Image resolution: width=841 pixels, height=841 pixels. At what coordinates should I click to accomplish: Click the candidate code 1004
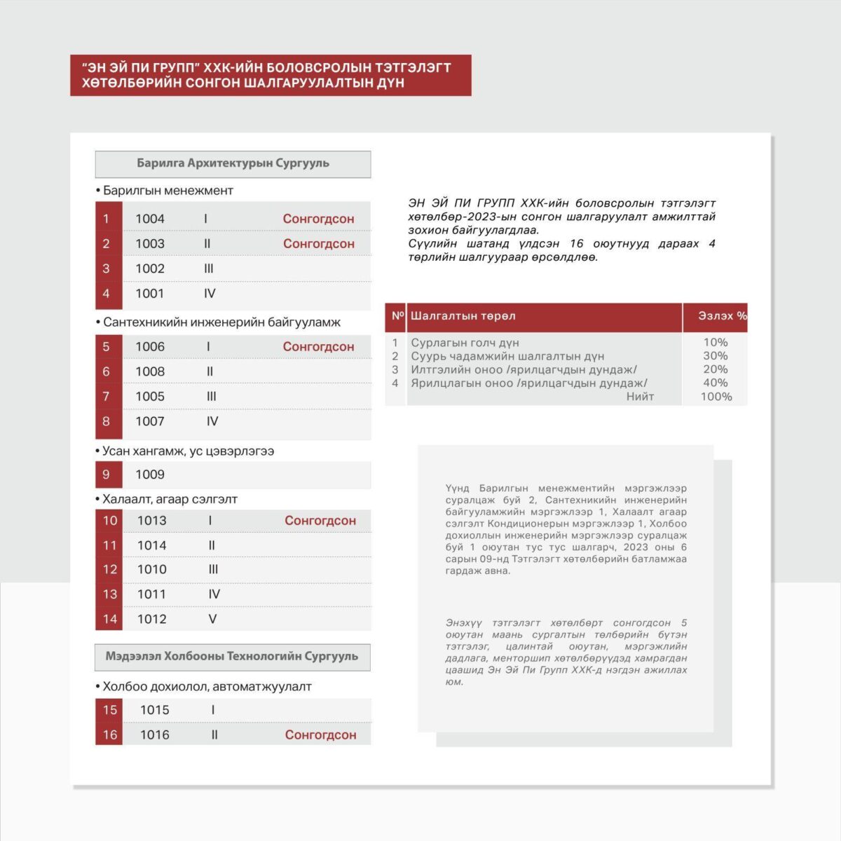click(x=150, y=219)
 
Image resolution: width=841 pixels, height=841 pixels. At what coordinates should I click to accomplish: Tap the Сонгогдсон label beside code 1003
click(x=319, y=244)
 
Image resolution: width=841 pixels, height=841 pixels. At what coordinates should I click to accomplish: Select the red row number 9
click(x=107, y=474)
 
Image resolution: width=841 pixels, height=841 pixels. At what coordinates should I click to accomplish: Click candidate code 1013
click(x=152, y=521)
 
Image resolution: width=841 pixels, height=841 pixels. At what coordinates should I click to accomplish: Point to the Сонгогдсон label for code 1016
click(x=320, y=735)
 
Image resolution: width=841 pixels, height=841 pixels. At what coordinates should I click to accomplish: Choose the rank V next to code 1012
click(x=212, y=619)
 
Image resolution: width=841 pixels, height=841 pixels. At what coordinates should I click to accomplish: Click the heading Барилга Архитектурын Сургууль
click(x=233, y=163)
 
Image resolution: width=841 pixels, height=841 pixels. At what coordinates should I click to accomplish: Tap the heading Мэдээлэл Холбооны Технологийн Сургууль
click(x=232, y=657)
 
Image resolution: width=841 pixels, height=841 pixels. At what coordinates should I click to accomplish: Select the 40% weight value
click(x=715, y=383)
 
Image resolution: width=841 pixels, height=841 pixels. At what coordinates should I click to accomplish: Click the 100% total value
click(x=716, y=397)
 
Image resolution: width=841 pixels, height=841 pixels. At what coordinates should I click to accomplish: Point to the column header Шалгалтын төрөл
click(x=463, y=316)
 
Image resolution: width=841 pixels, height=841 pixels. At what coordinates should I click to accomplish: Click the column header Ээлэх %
click(x=722, y=316)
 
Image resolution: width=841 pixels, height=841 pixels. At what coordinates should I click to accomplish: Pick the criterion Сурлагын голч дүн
click(x=465, y=343)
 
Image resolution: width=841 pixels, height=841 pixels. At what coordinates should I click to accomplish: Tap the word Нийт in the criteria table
click(x=640, y=397)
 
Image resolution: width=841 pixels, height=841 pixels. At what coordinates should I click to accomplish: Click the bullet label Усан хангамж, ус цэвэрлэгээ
click(x=188, y=451)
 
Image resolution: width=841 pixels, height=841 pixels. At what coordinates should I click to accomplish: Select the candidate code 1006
click(x=150, y=347)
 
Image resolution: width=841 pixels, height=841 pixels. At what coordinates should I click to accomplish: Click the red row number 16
click(x=110, y=735)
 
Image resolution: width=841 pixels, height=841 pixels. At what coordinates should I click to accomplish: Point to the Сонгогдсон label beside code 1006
click(x=319, y=347)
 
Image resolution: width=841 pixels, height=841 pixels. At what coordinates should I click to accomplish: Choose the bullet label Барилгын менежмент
click(x=167, y=191)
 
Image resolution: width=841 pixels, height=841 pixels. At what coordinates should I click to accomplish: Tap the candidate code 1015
click(x=155, y=710)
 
